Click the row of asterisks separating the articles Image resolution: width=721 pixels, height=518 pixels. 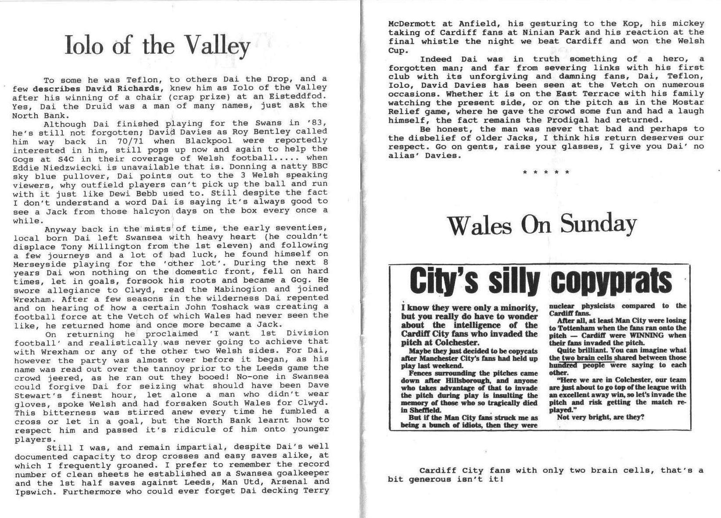tap(546, 172)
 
